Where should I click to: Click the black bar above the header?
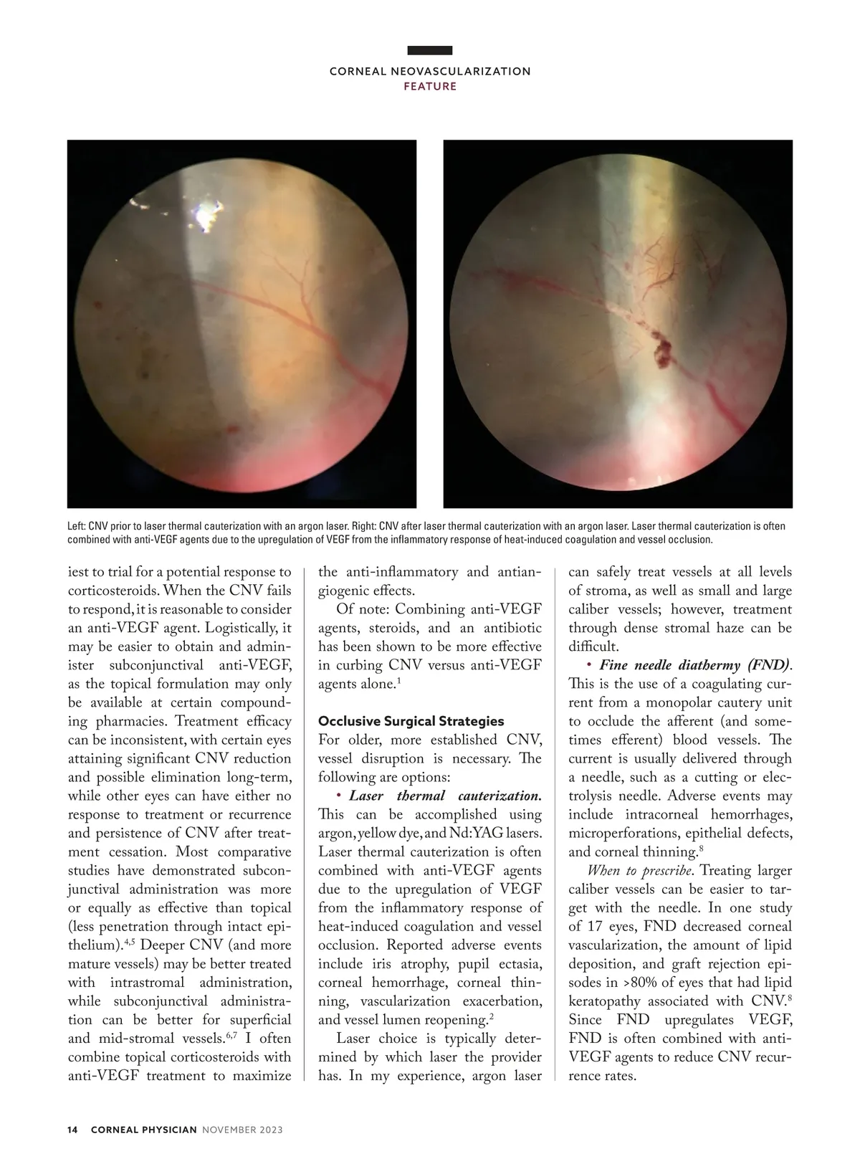[430, 50]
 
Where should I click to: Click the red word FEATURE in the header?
[430, 87]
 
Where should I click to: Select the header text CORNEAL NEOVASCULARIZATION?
[430, 72]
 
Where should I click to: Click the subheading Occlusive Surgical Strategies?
[411, 721]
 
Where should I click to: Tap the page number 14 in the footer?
[72, 1130]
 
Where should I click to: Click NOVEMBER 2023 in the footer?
[242, 1130]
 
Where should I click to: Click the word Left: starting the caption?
[77, 526]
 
